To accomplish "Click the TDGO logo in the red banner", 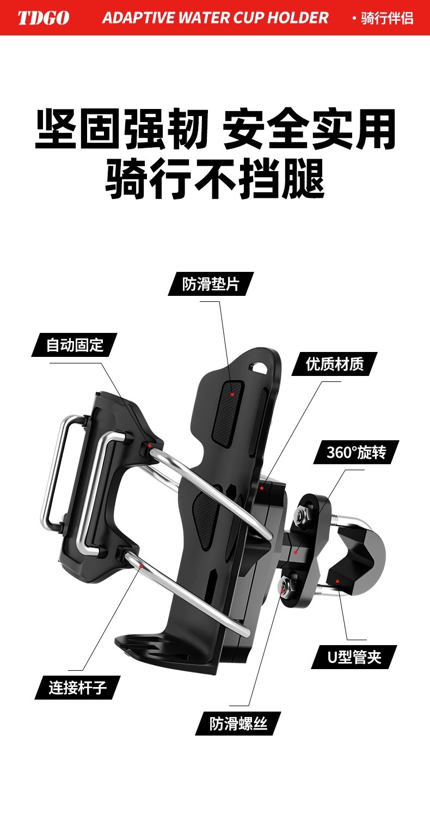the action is click(x=44, y=18).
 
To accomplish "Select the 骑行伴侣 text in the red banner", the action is click(x=387, y=18).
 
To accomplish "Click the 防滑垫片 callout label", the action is click(x=211, y=284).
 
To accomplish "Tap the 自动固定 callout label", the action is click(x=74, y=345).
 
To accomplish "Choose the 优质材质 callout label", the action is click(x=334, y=364).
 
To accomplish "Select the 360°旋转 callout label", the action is click(x=356, y=452).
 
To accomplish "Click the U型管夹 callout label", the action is click(x=354, y=657).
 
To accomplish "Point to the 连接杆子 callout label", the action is click(x=77, y=688).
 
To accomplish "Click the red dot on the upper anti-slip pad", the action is click(x=232, y=394).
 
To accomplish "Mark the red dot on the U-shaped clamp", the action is click(x=337, y=581).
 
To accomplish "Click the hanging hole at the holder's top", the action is click(x=260, y=367).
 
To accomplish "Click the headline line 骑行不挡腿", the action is click(x=215, y=178).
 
